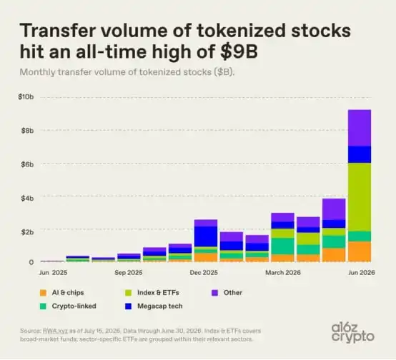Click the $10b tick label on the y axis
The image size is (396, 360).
pos(26,96)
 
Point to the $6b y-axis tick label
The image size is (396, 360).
pos(27,164)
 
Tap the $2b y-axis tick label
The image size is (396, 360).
pos(27,232)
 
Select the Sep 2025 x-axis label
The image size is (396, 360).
pos(128,273)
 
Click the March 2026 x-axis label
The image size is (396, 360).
pos(283,273)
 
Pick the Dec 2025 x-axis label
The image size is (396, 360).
pos(204,273)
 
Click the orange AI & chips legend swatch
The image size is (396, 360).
pos(43,293)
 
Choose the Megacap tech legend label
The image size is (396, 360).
pos(160,306)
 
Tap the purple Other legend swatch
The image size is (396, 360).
pos(214,293)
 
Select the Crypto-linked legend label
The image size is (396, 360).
pos(74,306)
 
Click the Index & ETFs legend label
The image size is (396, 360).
pos(158,293)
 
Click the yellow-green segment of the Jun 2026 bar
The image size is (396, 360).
pos(360,197)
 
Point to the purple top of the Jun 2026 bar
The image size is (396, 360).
pos(360,128)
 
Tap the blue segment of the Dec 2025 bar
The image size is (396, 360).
pos(206,236)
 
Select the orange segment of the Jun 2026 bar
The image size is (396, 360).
pos(360,251)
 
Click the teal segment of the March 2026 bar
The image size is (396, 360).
pos(282,246)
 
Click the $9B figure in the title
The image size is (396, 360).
pos(239,51)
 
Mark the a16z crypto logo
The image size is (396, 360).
pos(353,333)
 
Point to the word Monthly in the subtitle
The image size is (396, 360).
pos(37,72)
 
